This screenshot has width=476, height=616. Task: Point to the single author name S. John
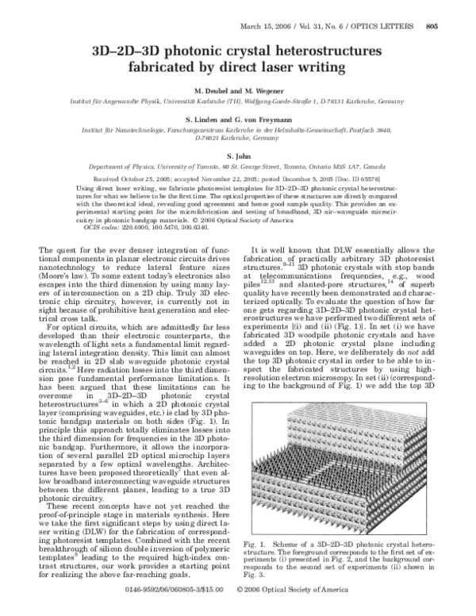click(x=239, y=156)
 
